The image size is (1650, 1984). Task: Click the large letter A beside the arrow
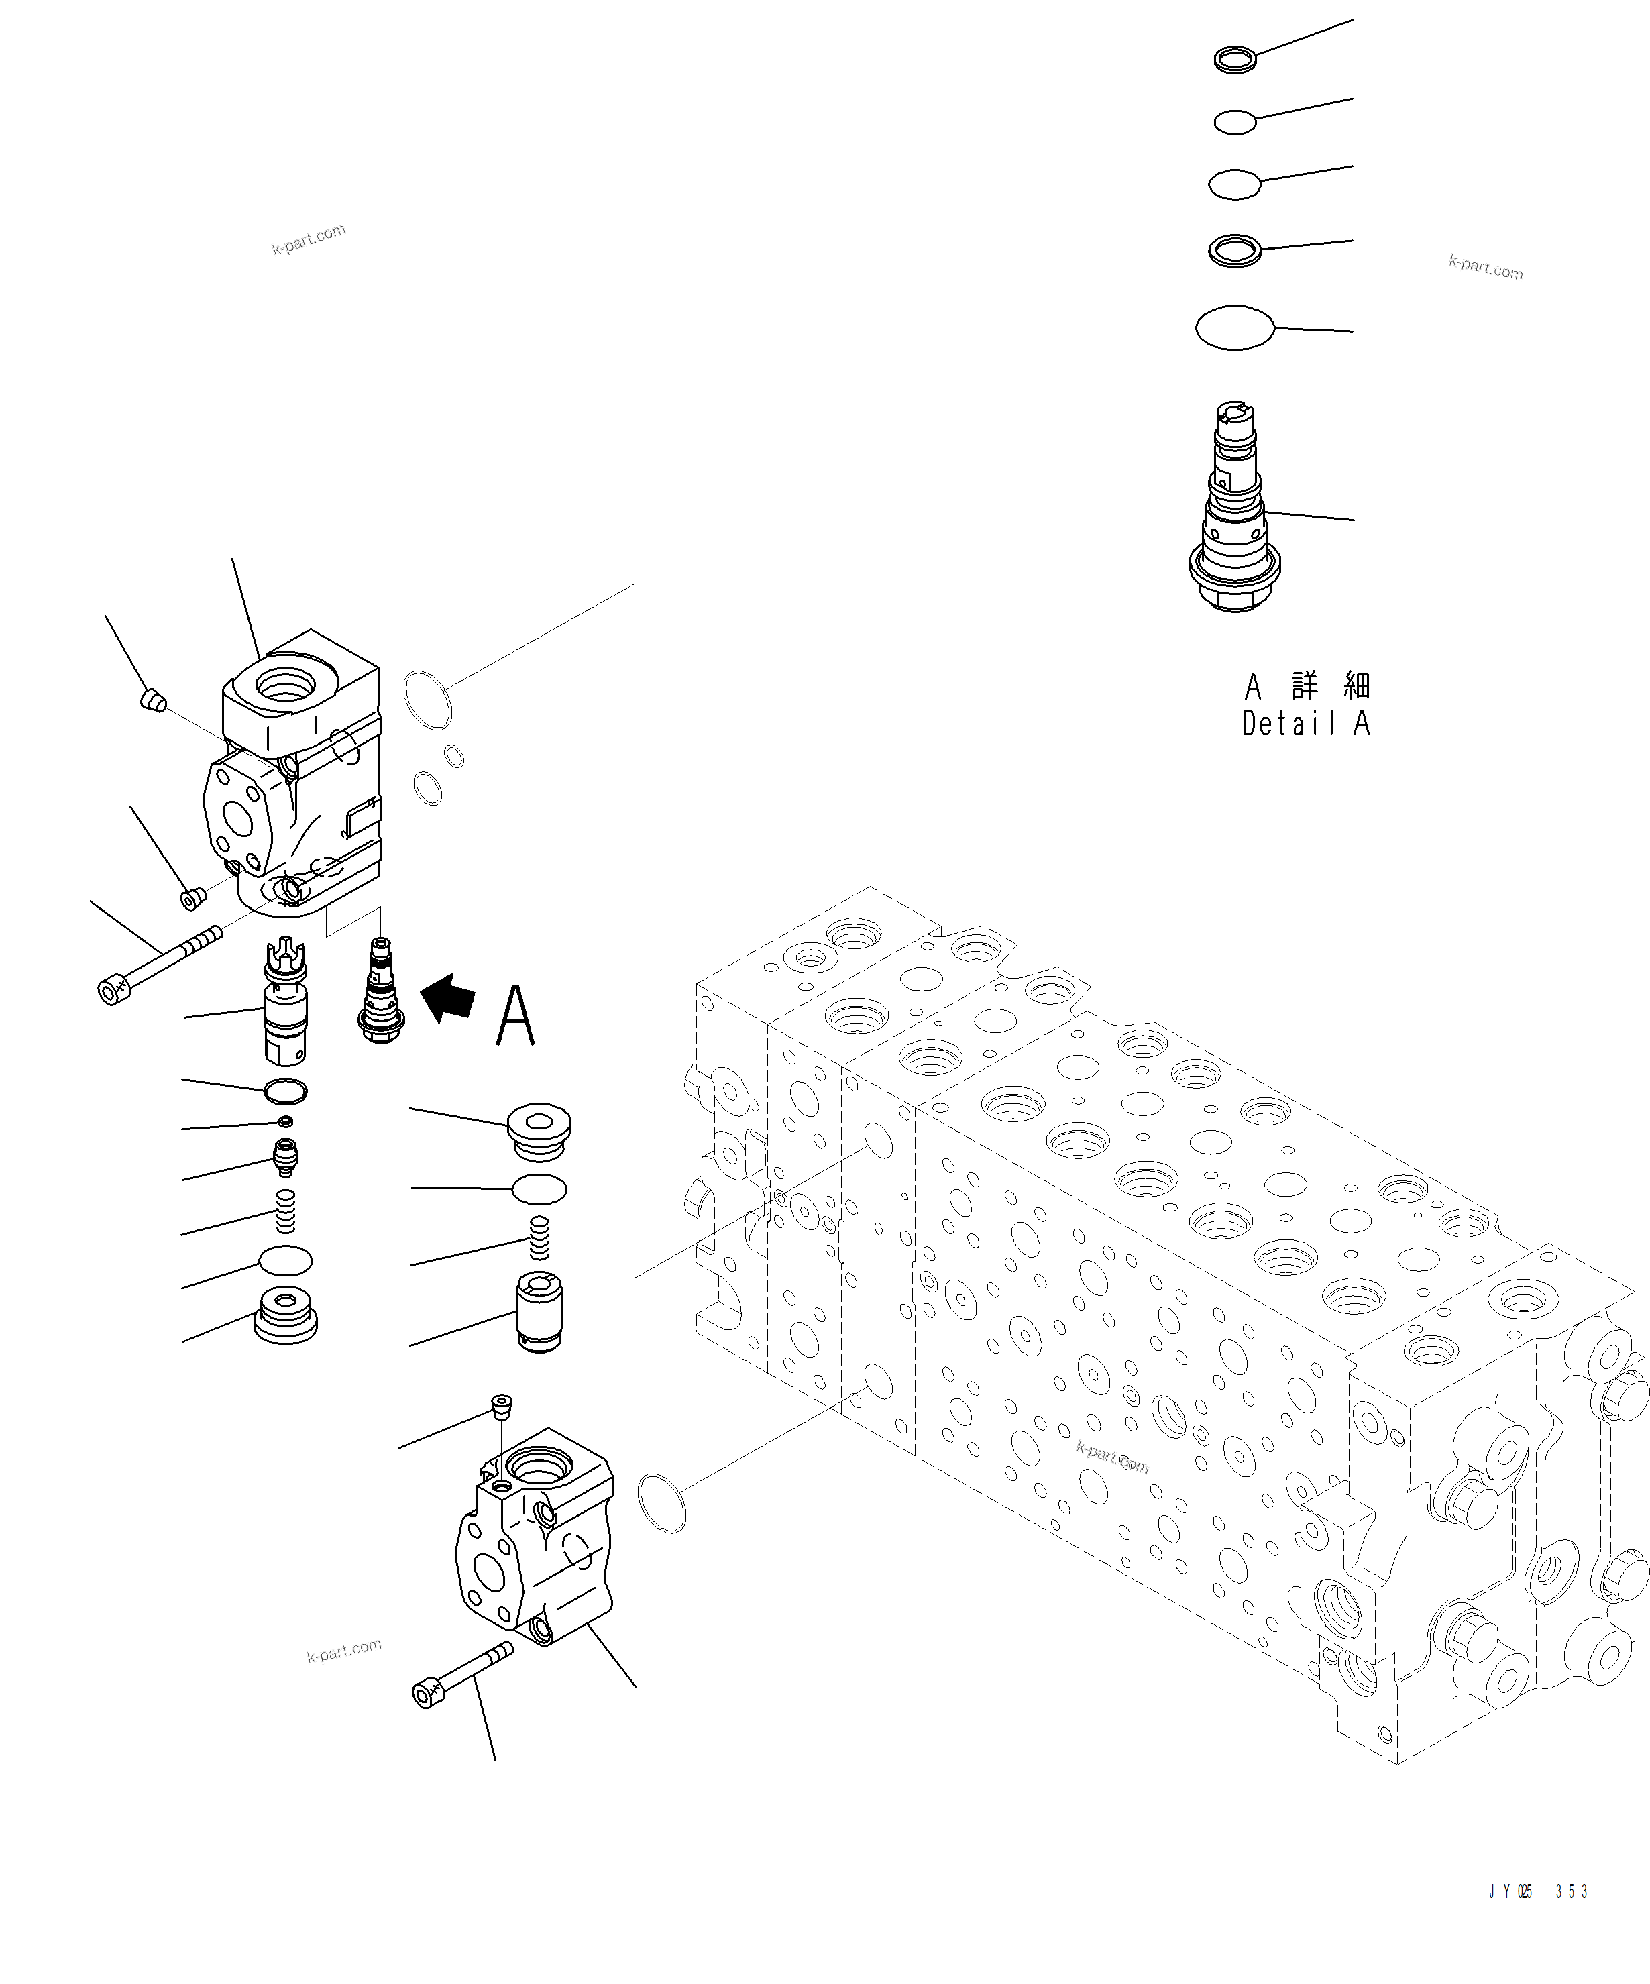[515, 1015]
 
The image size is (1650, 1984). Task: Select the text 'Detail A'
[1306, 724]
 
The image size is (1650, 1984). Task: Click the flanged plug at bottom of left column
[285, 1314]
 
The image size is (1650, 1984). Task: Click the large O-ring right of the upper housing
[427, 700]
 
